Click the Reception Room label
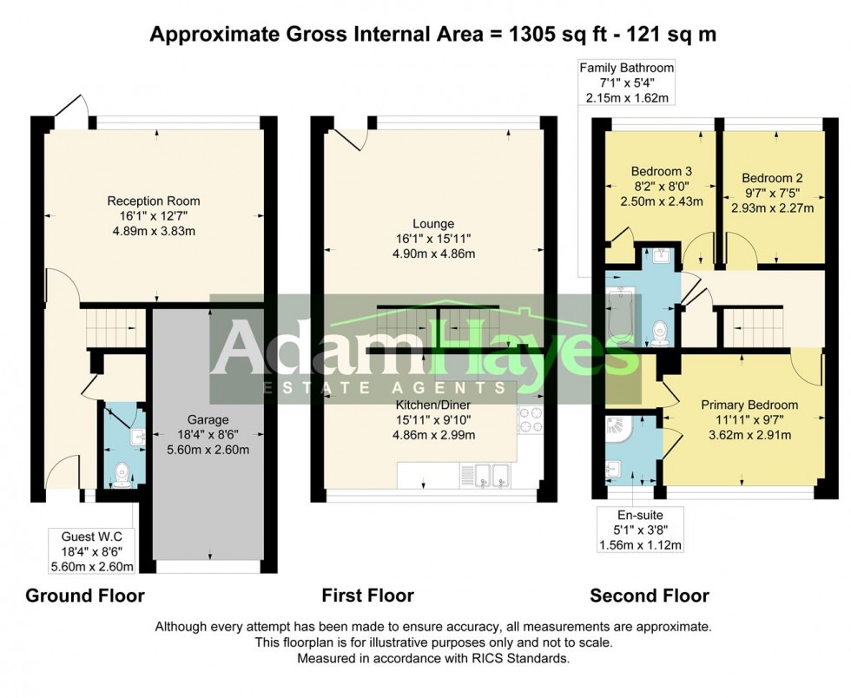pyautogui.click(x=153, y=201)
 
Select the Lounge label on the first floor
pyautogui.click(x=432, y=224)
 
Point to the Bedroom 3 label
pyautogui.click(x=661, y=171)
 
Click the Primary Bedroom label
pyautogui.click(x=749, y=405)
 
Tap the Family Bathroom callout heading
pyautogui.click(x=626, y=68)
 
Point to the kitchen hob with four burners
pyautogui.click(x=530, y=420)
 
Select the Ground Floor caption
pyautogui.click(x=85, y=596)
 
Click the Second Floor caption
pyautogui.click(x=650, y=596)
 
